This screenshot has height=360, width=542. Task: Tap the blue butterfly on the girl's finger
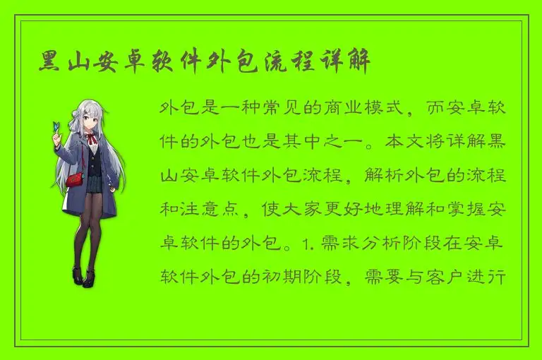(x=56, y=127)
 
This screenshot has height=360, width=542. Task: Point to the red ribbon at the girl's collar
(x=92, y=137)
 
